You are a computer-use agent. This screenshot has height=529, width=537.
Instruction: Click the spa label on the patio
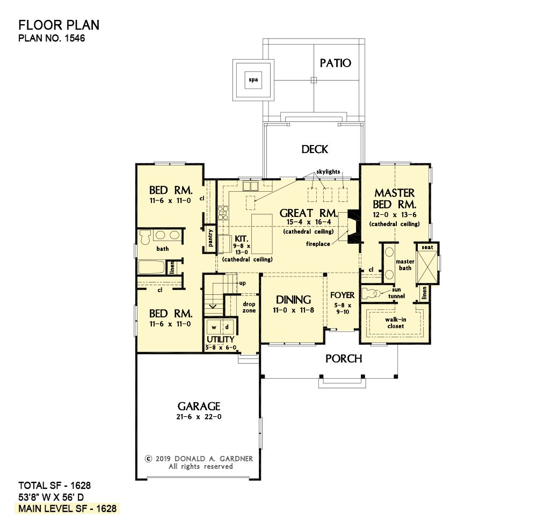[253, 80]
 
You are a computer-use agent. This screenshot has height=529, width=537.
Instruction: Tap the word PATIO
[335, 63]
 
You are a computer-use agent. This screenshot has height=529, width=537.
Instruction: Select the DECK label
[315, 149]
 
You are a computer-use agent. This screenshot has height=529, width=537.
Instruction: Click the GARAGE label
[199, 407]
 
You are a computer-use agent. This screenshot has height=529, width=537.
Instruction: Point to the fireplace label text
[318, 244]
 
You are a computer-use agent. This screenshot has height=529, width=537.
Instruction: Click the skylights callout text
[328, 171]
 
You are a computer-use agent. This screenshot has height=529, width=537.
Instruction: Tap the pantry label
[211, 238]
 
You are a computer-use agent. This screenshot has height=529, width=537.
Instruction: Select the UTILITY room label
[221, 339]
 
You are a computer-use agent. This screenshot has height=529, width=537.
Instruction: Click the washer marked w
[214, 327]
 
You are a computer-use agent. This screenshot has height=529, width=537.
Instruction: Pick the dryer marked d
[227, 327]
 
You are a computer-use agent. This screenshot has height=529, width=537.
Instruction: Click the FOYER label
[343, 295]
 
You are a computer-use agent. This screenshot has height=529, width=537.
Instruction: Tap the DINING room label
[294, 300]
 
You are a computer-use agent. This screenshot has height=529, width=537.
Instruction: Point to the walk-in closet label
[396, 323]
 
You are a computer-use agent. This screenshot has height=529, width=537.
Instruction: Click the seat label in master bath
[427, 247]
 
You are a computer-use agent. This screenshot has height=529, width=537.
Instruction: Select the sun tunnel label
[397, 293]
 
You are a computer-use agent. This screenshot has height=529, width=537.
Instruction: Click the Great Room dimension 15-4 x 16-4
[309, 222]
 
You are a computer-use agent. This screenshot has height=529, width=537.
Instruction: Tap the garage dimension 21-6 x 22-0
[199, 417]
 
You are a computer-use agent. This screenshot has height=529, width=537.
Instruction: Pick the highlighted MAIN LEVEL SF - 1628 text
[68, 509]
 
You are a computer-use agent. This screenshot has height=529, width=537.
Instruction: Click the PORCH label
[344, 359]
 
